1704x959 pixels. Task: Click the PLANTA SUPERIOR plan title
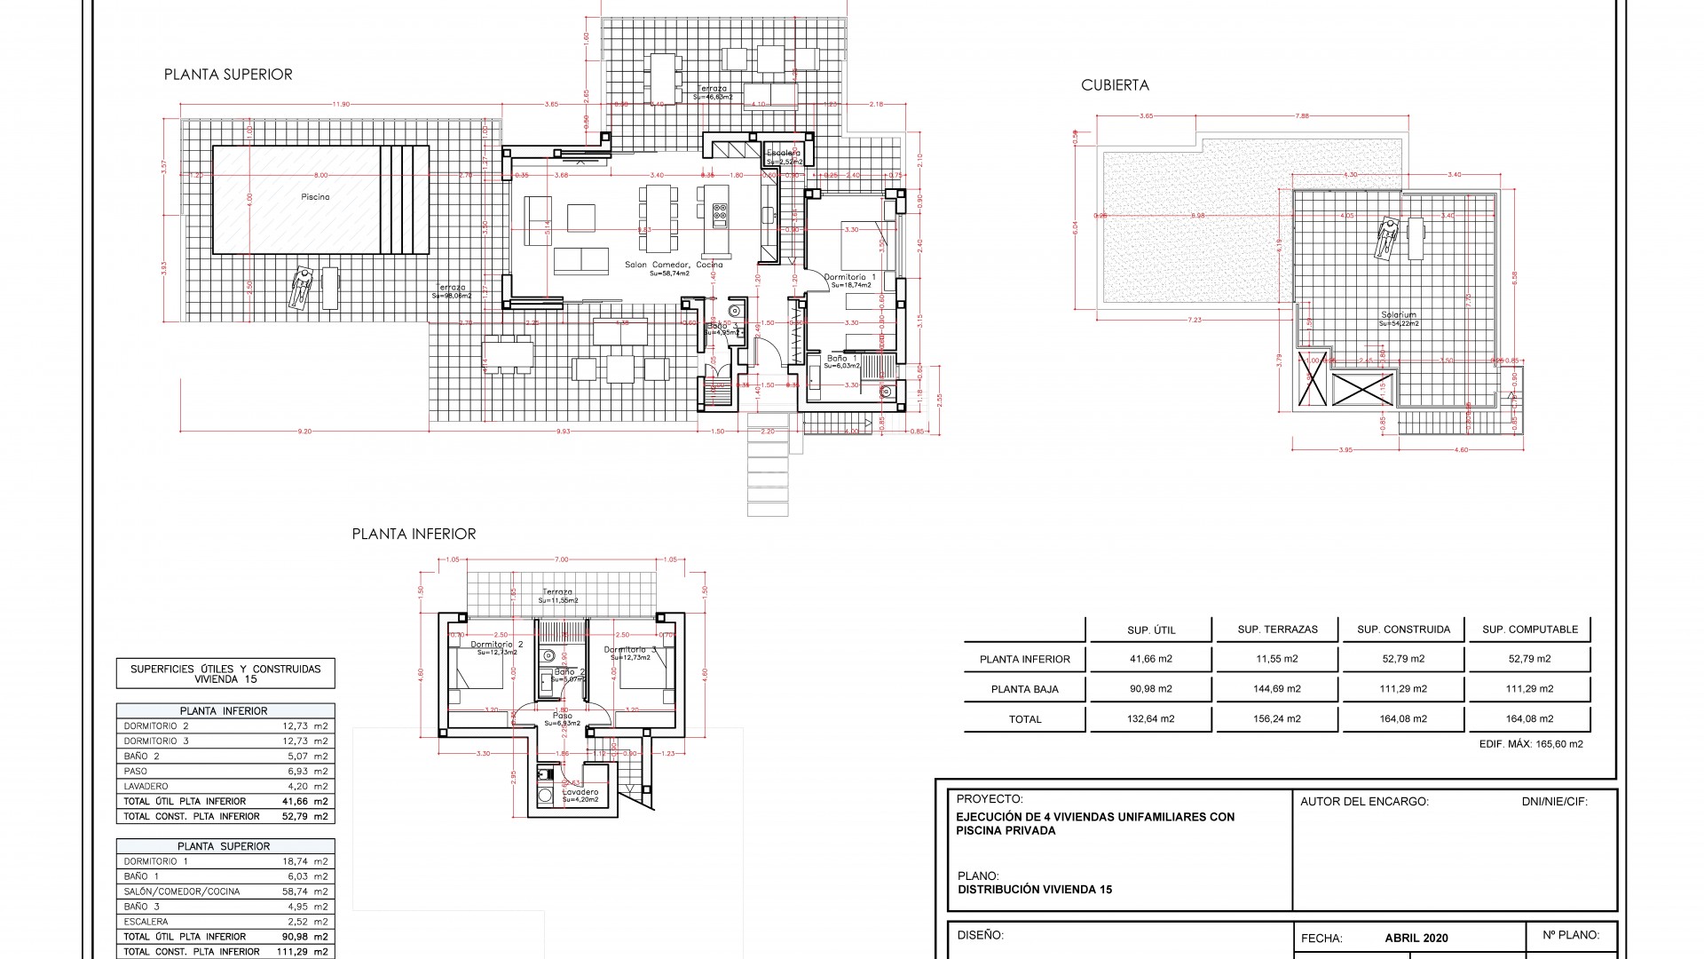point(228,75)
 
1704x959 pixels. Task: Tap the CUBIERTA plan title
point(1115,85)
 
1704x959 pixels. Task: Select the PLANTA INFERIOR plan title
point(414,534)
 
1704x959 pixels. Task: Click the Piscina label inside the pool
point(315,197)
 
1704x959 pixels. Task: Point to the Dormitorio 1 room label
point(849,277)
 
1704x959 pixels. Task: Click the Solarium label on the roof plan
point(1399,315)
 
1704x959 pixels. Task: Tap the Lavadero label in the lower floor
point(580,792)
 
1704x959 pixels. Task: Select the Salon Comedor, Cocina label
point(674,265)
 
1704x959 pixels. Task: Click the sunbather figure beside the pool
point(301,289)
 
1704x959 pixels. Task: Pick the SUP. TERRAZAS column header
point(1277,630)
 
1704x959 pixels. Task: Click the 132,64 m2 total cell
point(1150,719)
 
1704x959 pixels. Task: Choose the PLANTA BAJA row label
point(1024,689)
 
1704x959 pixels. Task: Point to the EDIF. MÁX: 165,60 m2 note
point(1531,744)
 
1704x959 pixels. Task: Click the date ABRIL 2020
point(1416,938)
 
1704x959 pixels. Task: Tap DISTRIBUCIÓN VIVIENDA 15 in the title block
point(1035,889)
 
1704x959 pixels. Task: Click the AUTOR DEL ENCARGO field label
point(1364,801)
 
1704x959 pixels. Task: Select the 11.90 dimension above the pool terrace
point(341,105)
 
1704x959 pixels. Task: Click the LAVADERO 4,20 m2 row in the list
point(225,786)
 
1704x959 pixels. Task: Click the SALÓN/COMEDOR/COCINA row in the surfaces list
point(225,892)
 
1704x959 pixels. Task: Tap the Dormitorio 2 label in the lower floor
point(496,645)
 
